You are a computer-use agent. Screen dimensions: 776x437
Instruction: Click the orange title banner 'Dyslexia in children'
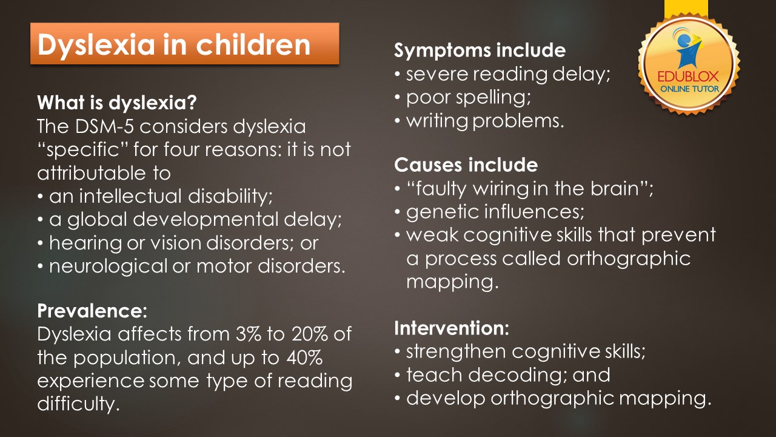(x=185, y=44)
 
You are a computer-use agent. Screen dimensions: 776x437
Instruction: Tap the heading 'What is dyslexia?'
(x=117, y=103)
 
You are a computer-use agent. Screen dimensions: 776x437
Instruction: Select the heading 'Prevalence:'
(x=92, y=311)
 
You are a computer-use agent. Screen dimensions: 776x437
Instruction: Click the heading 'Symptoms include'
(x=480, y=50)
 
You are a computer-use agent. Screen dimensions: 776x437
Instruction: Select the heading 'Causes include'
(x=466, y=164)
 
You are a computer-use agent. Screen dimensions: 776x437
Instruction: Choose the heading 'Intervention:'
(x=452, y=328)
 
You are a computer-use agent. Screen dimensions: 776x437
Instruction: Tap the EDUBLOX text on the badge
(x=688, y=76)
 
